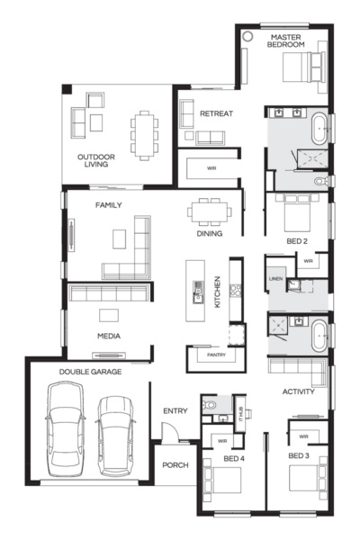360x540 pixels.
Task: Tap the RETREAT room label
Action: click(x=216, y=114)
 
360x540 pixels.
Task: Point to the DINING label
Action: click(x=210, y=234)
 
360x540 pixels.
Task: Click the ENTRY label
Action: click(x=175, y=411)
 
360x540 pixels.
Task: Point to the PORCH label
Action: click(x=175, y=466)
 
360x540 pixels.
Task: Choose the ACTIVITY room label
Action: click(x=298, y=392)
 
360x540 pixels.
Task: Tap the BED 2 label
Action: click(x=296, y=242)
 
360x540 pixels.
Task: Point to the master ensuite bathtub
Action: click(x=321, y=129)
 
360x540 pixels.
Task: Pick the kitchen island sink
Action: click(x=198, y=290)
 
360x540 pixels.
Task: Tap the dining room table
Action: click(x=208, y=213)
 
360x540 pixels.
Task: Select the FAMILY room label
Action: click(x=109, y=206)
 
